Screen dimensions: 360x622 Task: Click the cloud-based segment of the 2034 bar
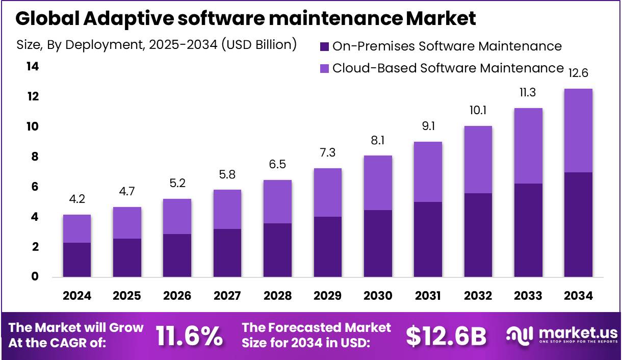pyautogui.click(x=578, y=131)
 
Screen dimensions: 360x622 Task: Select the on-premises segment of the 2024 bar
pyautogui.click(x=76, y=260)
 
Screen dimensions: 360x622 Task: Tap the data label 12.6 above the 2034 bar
pyautogui.click(x=578, y=73)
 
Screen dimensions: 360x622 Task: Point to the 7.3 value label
pyautogui.click(x=327, y=153)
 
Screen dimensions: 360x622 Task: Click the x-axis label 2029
pyautogui.click(x=327, y=296)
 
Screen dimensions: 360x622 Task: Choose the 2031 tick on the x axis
pyautogui.click(x=428, y=296)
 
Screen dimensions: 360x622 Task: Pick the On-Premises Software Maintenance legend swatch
pyautogui.click(x=324, y=46)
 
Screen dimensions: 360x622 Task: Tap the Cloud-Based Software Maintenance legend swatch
pyautogui.click(x=324, y=68)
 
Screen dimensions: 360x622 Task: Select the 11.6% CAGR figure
pyautogui.click(x=189, y=336)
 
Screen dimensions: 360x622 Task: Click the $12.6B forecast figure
pyautogui.click(x=446, y=336)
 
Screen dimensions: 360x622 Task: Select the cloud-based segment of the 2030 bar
pyautogui.click(x=377, y=183)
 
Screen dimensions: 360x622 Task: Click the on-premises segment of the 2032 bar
pyautogui.click(x=478, y=235)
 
